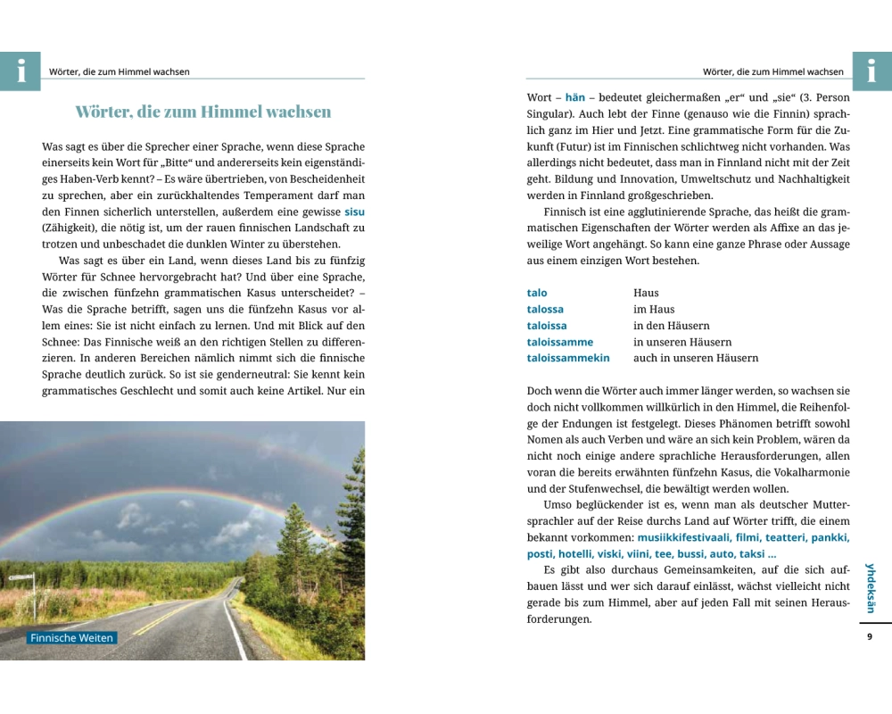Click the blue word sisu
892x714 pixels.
[x=354, y=212]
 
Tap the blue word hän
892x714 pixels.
[x=574, y=96]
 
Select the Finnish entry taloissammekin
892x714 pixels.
[x=568, y=358]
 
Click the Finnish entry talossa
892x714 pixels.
[x=545, y=309]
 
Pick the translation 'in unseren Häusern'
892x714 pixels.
[x=682, y=342]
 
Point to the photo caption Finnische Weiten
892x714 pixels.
[x=72, y=638]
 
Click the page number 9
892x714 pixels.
[x=870, y=636]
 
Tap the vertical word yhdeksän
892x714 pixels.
[x=871, y=587]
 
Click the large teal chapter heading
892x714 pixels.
[x=203, y=112]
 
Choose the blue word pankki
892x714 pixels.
[x=830, y=537]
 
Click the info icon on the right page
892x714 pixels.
[x=871, y=71]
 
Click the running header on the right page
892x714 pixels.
[x=772, y=71]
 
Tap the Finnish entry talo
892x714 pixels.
[x=537, y=293]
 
